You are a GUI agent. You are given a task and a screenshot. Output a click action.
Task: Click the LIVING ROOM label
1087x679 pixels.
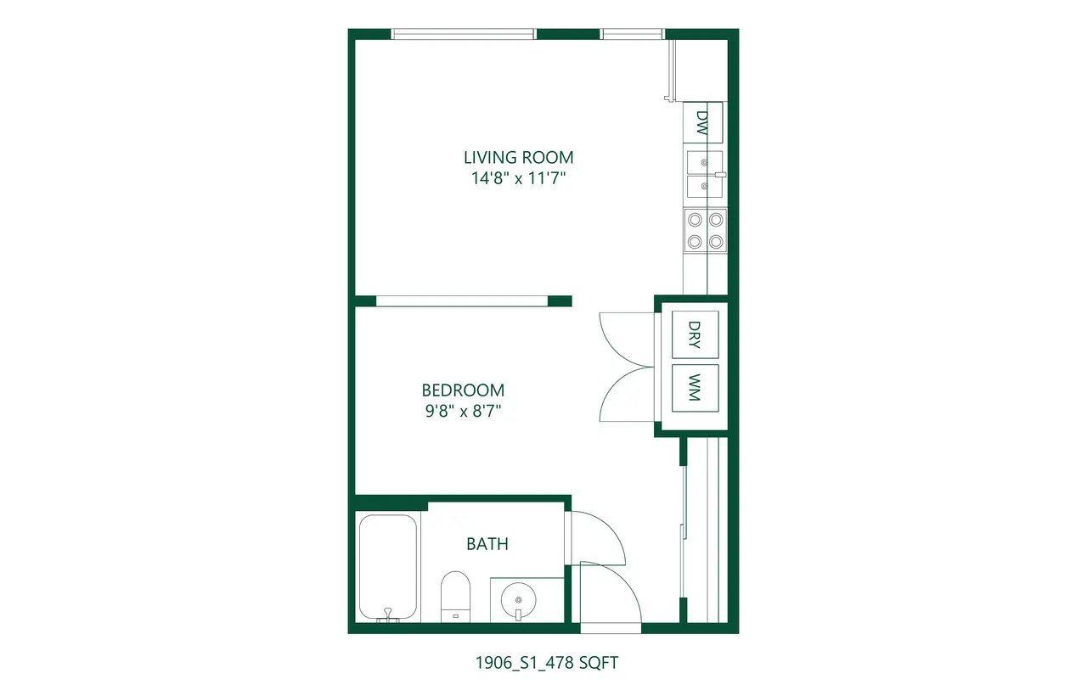click(518, 158)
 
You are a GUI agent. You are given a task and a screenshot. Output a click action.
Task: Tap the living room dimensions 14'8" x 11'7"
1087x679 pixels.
click(519, 178)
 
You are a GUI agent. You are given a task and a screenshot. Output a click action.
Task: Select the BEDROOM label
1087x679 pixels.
click(463, 390)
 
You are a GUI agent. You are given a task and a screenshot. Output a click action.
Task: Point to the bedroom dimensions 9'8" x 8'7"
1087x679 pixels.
click(463, 412)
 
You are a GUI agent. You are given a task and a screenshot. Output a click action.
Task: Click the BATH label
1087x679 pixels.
click(487, 544)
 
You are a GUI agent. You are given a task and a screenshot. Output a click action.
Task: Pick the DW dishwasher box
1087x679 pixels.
click(702, 123)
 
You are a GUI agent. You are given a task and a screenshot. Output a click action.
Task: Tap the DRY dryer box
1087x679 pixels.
click(695, 334)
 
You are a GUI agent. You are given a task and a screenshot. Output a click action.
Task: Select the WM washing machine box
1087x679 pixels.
click(695, 388)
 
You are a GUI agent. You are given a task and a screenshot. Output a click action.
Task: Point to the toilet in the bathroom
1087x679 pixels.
click(455, 597)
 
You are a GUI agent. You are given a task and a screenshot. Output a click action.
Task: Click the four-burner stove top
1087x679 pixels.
click(705, 231)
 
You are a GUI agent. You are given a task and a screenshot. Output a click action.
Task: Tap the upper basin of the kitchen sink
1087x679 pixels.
click(705, 162)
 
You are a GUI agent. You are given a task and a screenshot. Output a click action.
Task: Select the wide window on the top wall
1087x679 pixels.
click(463, 34)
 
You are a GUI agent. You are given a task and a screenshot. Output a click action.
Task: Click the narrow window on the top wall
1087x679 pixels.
click(633, 34)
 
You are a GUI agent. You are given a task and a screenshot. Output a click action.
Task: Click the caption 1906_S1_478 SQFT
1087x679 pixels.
click(546, 663)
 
